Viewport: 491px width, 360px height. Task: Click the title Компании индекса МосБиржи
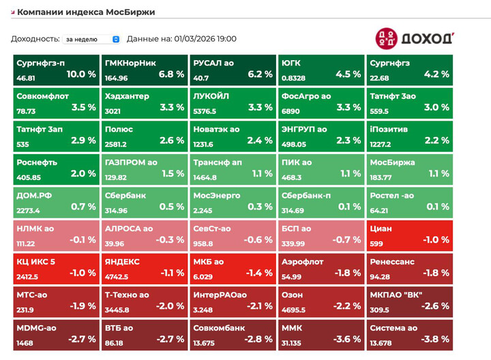[85, 12]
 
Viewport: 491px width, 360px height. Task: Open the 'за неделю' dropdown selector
[92, 40]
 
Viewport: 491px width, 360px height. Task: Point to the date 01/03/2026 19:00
[205, 40]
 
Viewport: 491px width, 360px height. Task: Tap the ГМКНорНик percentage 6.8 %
[171, 74]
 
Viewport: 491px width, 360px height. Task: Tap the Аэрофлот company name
[303, 261]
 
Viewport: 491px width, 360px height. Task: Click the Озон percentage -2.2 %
[347, 306]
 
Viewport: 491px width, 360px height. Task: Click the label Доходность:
[35, 40]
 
